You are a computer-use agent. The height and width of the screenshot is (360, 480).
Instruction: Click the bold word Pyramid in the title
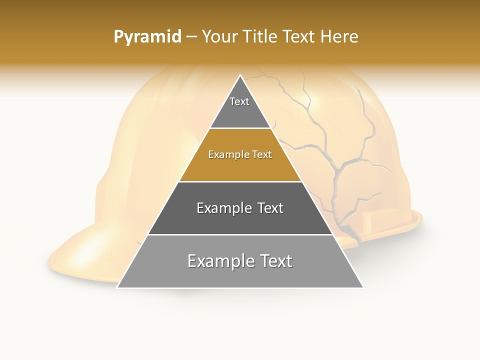tap(147, 37)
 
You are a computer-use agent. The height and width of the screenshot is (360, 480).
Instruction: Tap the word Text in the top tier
tap(239, 101)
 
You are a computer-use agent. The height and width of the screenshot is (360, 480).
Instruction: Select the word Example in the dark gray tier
tap(223, 208)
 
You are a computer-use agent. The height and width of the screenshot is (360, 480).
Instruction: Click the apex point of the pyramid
tap(240, 75)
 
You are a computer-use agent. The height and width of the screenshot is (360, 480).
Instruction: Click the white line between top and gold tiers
tap(240, 128)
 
